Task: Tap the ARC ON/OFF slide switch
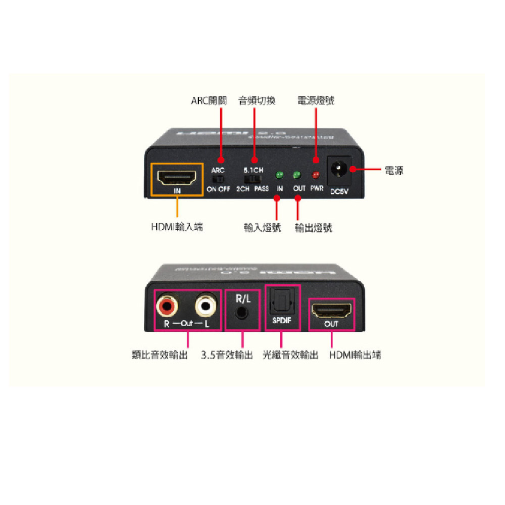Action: point(219,180)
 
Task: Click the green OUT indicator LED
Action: point(297,176)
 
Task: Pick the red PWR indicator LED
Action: point(316,176)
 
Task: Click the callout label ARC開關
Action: point(209,100)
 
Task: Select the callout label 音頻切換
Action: point(257,100)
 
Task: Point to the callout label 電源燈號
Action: point(316,100)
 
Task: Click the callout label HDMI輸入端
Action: point(177,227)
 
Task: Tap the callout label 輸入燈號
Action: point(262,228)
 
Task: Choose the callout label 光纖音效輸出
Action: point(290,355)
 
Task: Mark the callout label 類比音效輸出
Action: point(159,355)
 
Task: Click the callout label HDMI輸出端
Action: point(355,355)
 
